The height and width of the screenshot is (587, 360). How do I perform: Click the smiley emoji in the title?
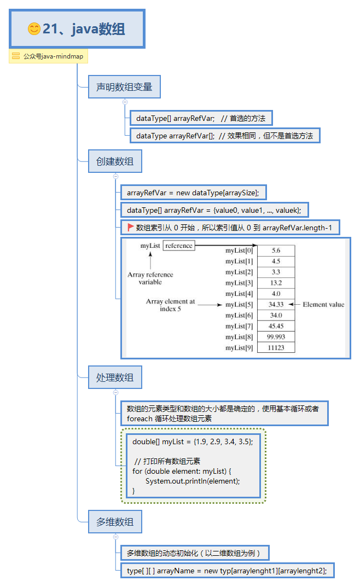click(34, 29)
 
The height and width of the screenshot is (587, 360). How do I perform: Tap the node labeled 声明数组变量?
click(124, 86)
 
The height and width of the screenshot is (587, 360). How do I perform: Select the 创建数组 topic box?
click(115, 161)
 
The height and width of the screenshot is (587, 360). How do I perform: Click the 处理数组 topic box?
click(115, 377)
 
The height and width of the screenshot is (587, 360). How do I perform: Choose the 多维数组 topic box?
click(115, 521)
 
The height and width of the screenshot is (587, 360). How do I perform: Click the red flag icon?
click(131, 227)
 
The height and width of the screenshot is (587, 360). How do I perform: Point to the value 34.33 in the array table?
click(276, 304)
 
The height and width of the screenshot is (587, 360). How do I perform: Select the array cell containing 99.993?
click(276, 336)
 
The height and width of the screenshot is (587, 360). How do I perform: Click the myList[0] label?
click(239, 250)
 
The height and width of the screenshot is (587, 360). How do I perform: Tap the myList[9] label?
click(239, 347)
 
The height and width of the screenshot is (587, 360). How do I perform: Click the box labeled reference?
click(179, 246)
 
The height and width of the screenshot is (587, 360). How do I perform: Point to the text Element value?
click(323, 304)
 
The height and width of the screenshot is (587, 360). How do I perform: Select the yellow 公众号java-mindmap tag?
click(48, 56)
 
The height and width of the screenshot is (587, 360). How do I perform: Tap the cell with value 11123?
click(276, 347)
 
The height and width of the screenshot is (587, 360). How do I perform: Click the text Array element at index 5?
click(170, 305)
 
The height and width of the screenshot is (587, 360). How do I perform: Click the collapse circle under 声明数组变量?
click(125, 101)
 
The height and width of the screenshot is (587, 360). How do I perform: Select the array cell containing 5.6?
click(276, 250)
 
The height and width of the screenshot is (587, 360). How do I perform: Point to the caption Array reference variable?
click(150, 278)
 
